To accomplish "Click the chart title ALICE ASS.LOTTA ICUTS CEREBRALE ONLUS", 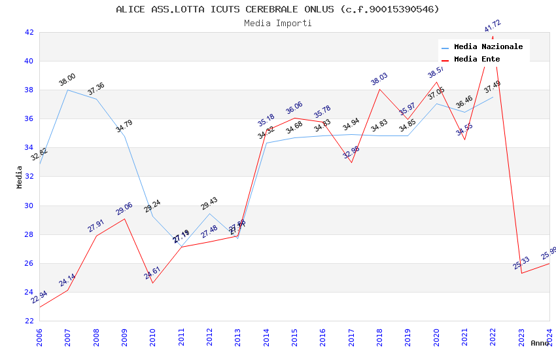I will (x=277, y=9).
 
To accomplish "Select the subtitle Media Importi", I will (x=277, y=23).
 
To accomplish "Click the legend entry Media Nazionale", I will (x=488, y=47).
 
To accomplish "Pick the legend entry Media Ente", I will (x=477, y=60).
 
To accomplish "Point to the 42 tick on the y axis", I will (x=29, y=32).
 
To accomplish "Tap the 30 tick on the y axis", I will (x=29, y=206).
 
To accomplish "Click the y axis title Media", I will (x=20, y=177).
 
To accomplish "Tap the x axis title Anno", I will (x=540, y=343).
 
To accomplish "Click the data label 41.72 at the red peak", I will (x=493, y=27).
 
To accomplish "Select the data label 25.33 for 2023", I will (x=521, y=263).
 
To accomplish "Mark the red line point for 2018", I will (x=379, y=89).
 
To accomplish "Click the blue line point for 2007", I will (x=67, y=90).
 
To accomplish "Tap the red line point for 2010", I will (x=152, y=283).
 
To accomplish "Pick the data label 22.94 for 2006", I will (x=39, y=297).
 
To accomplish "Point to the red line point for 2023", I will (x=521, y=273).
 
